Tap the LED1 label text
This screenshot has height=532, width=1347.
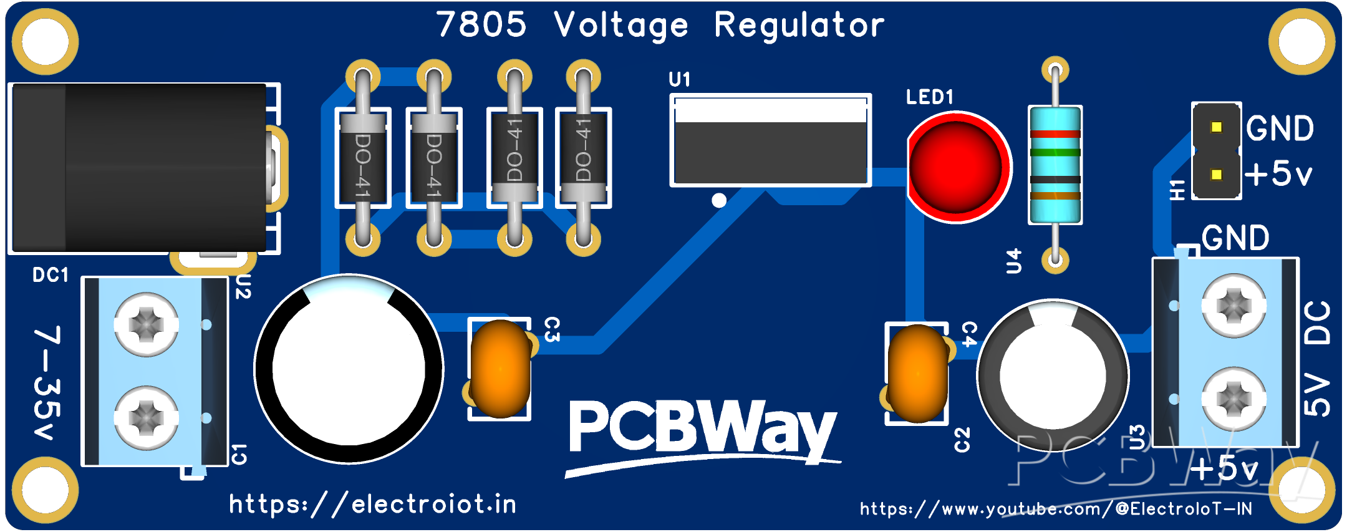(929, 97)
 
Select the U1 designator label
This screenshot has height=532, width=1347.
(679, 80)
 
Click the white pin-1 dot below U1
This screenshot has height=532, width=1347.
(719, 200)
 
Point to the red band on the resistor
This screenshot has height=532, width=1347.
(1055, 134)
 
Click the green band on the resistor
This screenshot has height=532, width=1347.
(1055, 152)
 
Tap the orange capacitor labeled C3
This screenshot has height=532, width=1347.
(500, 369)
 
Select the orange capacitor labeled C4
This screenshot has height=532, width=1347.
(917, 374)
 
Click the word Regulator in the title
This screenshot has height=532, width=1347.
(799, 26)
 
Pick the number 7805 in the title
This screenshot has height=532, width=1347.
(481, 25)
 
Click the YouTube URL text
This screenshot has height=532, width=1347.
(1056, 509)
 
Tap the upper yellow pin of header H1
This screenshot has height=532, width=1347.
(1216, 127)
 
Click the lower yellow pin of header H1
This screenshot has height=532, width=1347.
(1216, 175)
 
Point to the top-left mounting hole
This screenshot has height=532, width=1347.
(45, 42)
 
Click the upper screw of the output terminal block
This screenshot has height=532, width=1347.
(1234, 306)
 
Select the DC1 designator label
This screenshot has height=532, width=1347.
(51, 275)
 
